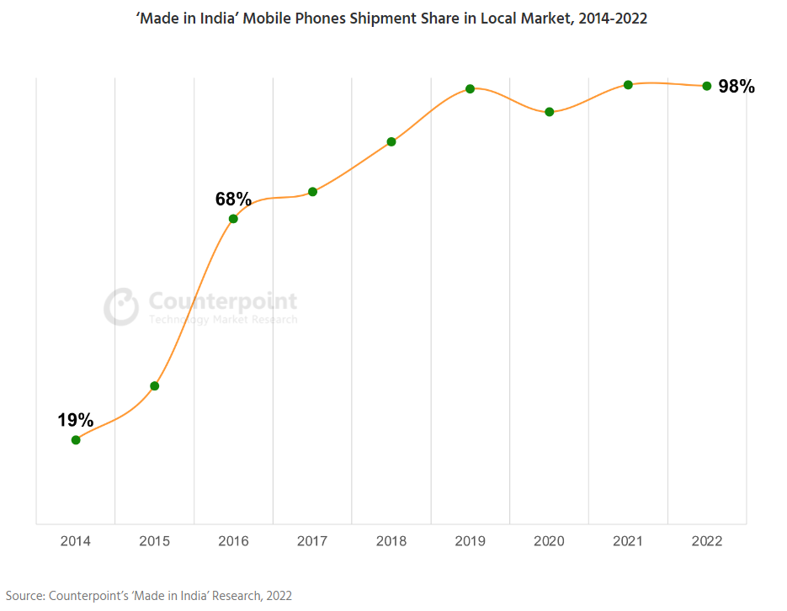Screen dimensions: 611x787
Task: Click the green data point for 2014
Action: [x=76, y=439]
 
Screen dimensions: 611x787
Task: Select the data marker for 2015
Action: [x=155, y=386]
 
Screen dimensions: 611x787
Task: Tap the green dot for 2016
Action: [x=233, y=219]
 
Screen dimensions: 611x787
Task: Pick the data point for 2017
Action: [x=312, y=192]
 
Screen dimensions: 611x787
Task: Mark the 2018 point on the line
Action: [x=391, y=141]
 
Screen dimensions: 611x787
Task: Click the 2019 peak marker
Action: [x=470, y=88]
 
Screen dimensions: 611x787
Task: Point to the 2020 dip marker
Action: [x=549, y=112]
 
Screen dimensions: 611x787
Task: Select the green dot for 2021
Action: [x=628, y=84]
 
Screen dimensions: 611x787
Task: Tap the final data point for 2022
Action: [x=706, y=86]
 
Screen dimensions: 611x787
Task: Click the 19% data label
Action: [x=75, y=420]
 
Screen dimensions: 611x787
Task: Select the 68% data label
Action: [x=233, y=199]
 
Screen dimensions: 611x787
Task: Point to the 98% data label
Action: [x=736, y=86]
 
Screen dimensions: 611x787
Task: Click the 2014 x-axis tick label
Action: [x=76, y=541]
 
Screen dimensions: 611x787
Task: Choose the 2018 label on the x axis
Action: [x=391, y=541]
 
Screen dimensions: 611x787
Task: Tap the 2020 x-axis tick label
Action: [x=549, y=541]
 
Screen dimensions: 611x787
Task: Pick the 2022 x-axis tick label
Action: [x=706, y=541]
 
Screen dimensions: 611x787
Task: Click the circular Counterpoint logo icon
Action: [x=121, y=307]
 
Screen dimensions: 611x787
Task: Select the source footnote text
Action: [x=149, y=596]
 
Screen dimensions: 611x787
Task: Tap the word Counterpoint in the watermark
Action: [x=222, y=301]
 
